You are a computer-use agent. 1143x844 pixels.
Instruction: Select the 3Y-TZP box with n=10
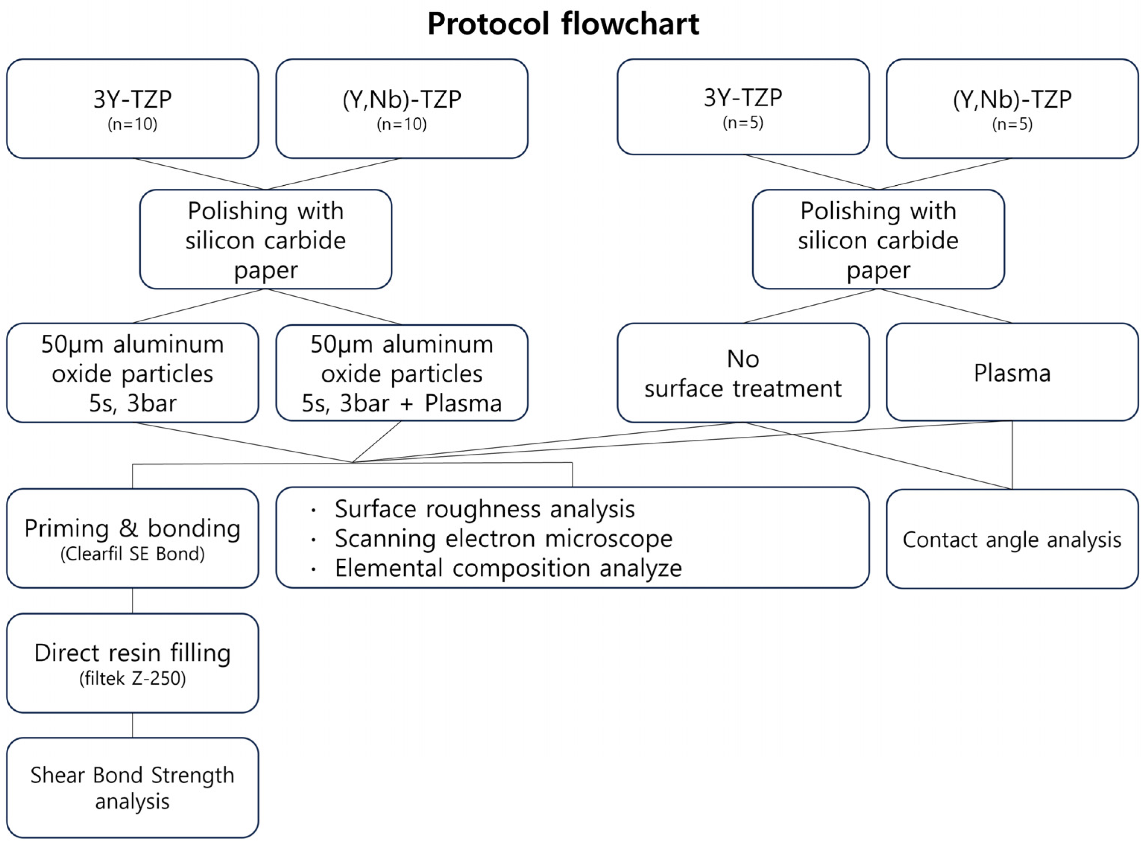tap(132, 108)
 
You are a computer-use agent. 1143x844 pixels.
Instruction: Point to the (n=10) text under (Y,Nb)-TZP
tap(401, 124)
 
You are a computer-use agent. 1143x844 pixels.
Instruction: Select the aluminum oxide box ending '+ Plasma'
tap(401, 373)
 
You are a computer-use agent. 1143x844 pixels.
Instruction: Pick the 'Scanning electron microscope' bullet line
tap(503, 538)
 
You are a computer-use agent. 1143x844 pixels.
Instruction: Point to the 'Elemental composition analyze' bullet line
tap(508, 568)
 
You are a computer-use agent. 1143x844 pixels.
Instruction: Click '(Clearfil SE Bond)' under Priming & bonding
tap(132, 554)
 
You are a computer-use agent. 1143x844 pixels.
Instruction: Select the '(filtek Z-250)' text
tap(132, 678)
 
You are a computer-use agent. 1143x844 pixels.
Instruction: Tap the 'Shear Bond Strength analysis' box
tap(132, 787)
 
